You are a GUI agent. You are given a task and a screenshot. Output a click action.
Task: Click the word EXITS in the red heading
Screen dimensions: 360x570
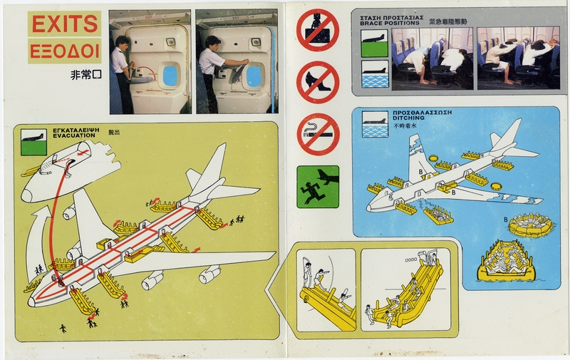[65, 25]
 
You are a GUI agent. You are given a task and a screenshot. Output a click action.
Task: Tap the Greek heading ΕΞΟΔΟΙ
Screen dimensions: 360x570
[65, 51]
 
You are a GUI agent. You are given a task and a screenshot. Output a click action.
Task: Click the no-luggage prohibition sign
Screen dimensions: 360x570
[316, 30]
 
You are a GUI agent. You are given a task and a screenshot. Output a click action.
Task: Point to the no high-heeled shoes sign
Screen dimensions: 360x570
[317, 82]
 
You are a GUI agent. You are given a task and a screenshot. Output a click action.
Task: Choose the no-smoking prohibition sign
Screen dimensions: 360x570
[317, 134]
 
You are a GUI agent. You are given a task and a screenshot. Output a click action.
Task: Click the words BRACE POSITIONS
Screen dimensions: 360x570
[390, 23]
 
